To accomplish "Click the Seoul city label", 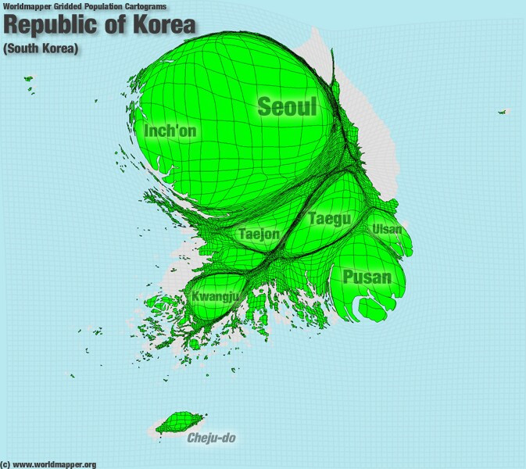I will click(288, 106).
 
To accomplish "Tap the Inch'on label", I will click(171, 131).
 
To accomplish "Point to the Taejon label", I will click(259, 233).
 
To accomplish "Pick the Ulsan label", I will click(388, 229).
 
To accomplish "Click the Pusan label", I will click(367, 276).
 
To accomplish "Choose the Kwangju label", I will click(215, 296).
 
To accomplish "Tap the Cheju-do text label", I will click(211, 438).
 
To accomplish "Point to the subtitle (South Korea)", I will click(41, 49).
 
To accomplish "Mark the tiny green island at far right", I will click(502, 112).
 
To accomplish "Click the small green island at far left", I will click(29, 78).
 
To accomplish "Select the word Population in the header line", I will click(102, 6).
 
